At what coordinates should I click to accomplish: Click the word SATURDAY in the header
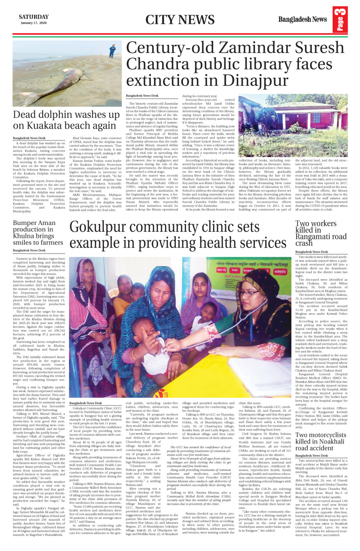coord(34,17)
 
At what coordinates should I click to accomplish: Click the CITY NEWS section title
coord(179,20)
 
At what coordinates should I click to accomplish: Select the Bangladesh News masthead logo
coord(303,19)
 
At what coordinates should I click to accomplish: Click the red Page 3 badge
coord(340,20)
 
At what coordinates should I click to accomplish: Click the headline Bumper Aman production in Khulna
coord(38,233)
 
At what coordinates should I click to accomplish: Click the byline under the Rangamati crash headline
coord(311,252)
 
